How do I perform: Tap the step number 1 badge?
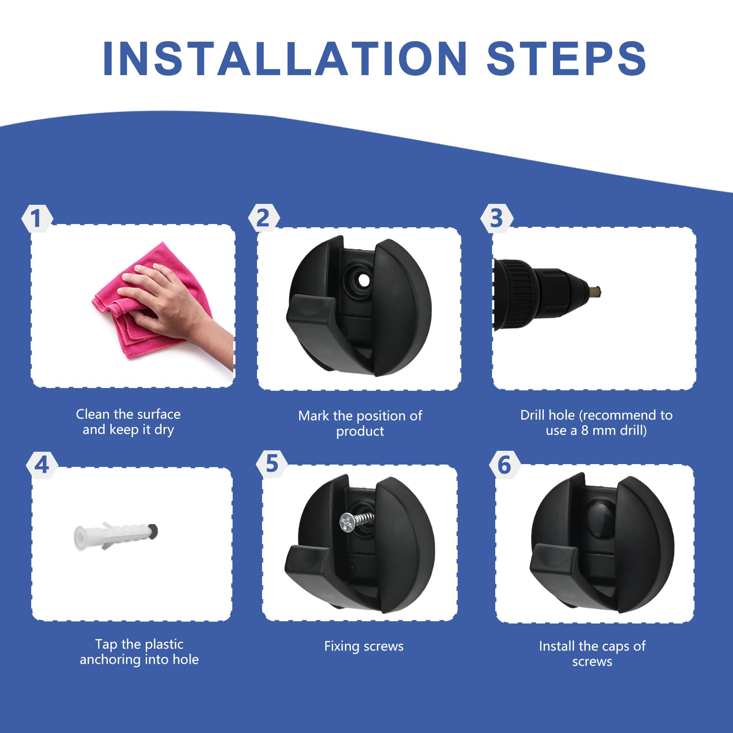tap(37, 218)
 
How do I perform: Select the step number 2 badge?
tap(263, 218)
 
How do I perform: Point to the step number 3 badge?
tap(497, 218)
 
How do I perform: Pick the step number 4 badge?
tap(42, 465)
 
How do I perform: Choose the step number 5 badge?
tap(272, 464)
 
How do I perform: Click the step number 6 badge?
tap(504, 465)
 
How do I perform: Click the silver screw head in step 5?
tap(347, 522)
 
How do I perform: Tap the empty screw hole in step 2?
tap(363, 279)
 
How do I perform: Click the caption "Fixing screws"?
tap(364, 646)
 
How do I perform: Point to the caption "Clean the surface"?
tap(128, 414)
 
